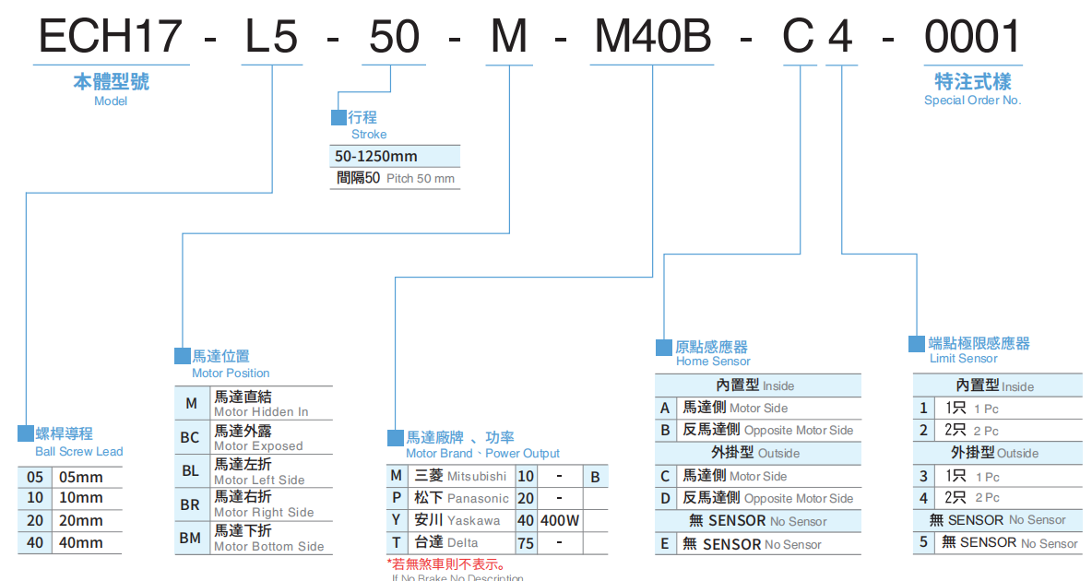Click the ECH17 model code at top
pos(111,37)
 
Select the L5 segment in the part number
pos(271,37)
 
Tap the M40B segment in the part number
pos(651,37)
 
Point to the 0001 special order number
pos(972,37)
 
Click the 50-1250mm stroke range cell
pos(376,157)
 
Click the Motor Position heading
pos(231,373)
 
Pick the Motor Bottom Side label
pos(268,546)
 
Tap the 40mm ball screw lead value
pos(81,543)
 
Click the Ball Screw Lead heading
pos(78,451)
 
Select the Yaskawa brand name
pos(474,520)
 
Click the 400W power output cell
pos(560,520)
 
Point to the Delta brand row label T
pos(396,542)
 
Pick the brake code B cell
pos(596,477)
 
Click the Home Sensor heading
pos(713,361)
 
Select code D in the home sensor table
pos(665,498)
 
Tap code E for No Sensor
pos(665,544)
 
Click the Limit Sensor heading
pos(963,358)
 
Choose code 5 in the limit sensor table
pos(923,542)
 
